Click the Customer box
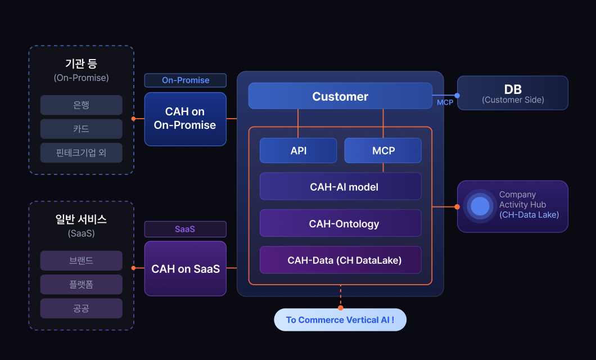coord(340,96)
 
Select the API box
coord(298,151)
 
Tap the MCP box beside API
coord(383,151)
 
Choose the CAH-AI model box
coord(340,187)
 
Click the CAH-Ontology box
coord(340,223)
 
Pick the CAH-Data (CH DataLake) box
coord(340,260)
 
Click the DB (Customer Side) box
coord(512,93)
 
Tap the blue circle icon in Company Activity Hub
coord(480,206)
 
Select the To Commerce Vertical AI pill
coord(340,319)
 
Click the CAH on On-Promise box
coord(185,119)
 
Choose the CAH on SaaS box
coord(185,269)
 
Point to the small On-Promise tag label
coord(185,80)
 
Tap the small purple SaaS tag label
coord(185,229)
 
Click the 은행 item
coord(81,105)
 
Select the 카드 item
coord(81,129)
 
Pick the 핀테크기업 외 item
coord(81,152)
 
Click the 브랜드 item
coord(81,260)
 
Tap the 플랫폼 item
coord(81,284)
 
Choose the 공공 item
coord(81,308)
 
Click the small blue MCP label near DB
coord(445,102)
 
